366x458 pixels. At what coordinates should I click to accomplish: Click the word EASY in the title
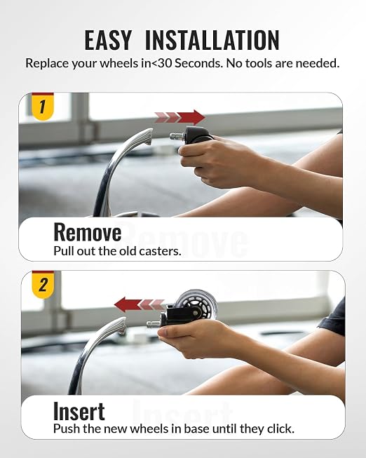[108, 40]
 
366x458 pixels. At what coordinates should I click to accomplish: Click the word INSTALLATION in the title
[212, 40]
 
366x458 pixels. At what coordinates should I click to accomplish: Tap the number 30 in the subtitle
[165, 63]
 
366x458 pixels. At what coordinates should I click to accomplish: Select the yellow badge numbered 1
[43, 107]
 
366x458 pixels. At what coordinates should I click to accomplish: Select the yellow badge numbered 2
[43, 285]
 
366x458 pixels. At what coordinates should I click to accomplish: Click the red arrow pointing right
[179, 117]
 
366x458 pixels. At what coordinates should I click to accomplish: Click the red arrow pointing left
[139, 304]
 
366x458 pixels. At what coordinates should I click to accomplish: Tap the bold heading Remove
[88, 232]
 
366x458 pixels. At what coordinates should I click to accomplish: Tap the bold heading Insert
[79, 411]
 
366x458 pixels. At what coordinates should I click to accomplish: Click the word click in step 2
[280, 429]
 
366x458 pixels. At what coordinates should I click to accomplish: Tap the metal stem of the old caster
[177, 136]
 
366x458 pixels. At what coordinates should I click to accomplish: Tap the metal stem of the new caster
[154, 323]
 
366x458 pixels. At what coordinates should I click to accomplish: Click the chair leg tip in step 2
[121, 325]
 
